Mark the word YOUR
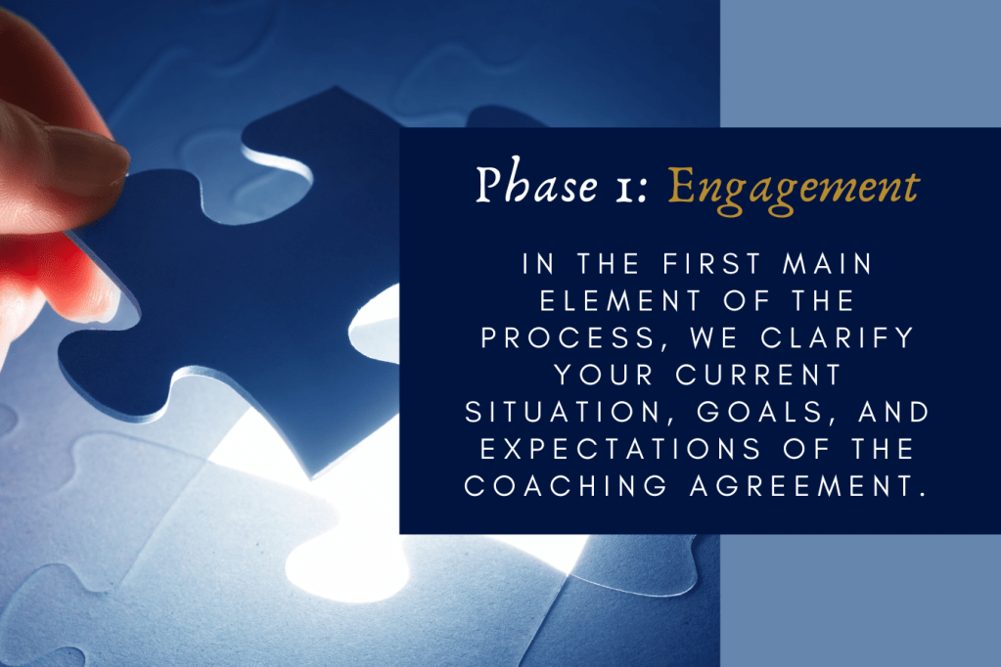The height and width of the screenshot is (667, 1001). (x=590, y=375)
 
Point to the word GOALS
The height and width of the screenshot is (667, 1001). (x=751, y=412)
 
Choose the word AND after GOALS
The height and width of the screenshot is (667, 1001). (x=886, y=412)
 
